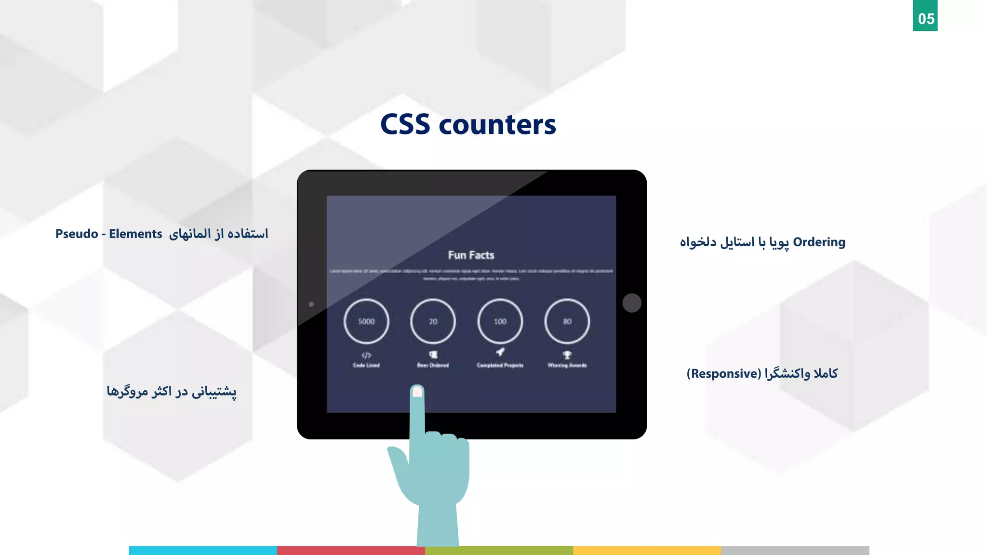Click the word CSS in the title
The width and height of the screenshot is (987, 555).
click(405, 125)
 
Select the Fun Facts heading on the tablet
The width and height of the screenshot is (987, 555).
click(471, 255)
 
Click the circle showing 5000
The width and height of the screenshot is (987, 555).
click(366, 321)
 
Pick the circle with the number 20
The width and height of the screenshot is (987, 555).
click(433, 321)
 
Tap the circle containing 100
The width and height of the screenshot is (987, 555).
click(500, 321)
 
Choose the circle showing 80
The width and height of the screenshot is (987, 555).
click(567, 321)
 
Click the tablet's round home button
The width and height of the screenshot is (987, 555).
click(631, 303)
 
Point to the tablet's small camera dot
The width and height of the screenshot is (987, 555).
click(311, 304)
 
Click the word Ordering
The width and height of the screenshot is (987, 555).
click(819, 242)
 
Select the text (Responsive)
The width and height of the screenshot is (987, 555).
click(724, 373)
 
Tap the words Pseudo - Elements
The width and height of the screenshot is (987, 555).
click(108, 234)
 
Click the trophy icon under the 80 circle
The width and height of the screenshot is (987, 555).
click(567, 355)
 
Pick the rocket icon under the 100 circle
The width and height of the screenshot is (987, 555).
click(500, 352)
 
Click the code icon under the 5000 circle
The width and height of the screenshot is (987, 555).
click(366, 356)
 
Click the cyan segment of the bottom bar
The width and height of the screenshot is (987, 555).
click(203, 550)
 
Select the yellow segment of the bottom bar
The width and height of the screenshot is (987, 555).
click(647, 550)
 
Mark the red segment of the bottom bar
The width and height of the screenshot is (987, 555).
click(351, 550)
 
